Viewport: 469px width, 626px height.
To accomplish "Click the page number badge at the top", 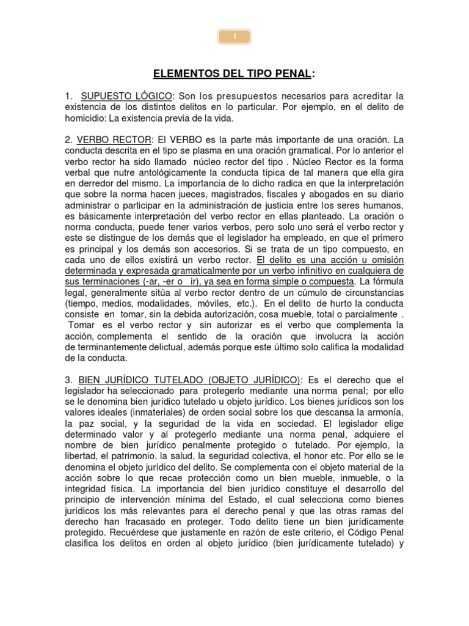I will coord(234,37).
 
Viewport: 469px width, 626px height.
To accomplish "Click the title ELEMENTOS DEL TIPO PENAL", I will coord(234,75).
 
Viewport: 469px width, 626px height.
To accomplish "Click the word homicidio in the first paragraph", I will coord(82,118).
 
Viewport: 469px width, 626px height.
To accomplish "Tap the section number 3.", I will coord(68,380).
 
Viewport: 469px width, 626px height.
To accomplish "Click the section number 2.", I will coord(68,139).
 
